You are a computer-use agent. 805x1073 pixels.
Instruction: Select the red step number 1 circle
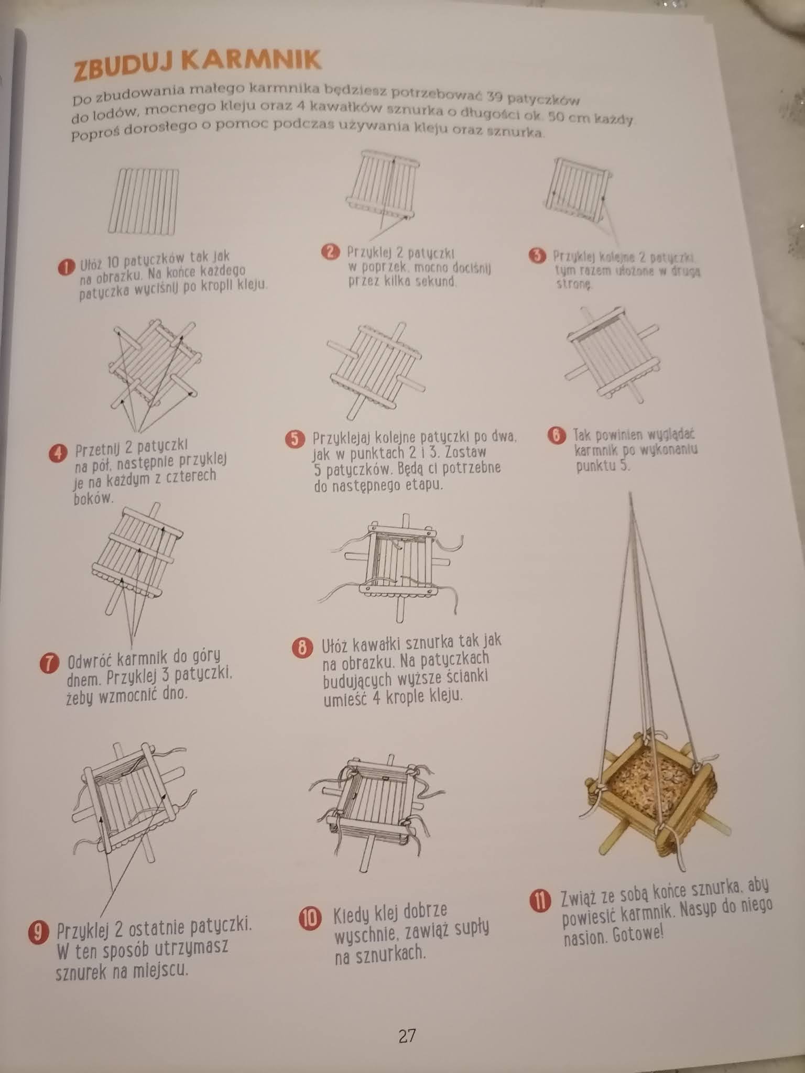coord(66,267)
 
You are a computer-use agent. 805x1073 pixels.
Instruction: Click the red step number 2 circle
coord(331,252)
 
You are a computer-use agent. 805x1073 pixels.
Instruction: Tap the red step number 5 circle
coord(296,439)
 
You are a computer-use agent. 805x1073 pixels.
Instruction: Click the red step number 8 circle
coord(302,648)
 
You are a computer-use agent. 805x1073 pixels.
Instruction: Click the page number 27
coord(407,1036)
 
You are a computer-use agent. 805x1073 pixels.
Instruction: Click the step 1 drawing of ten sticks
coord(143,201)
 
